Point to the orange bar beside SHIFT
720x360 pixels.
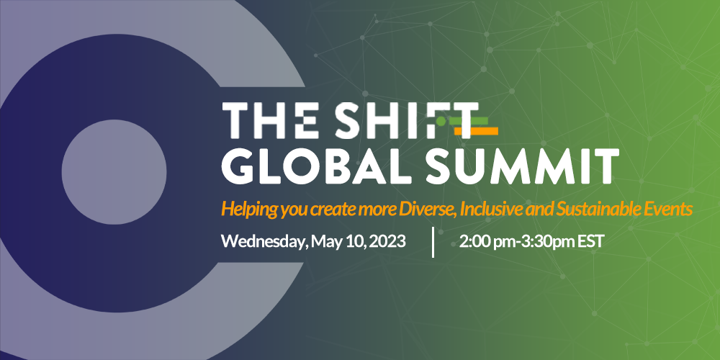point(477,131)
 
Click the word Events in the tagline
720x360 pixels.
point(664,210)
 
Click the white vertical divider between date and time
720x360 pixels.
point(433,242)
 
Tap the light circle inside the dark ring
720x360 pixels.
point(114,172)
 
